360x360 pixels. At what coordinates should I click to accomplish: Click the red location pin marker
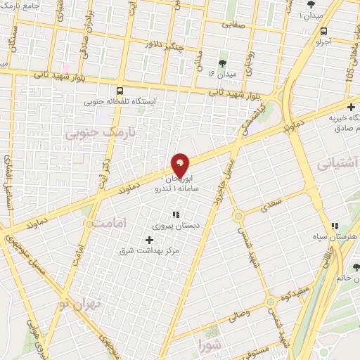pos(180,165)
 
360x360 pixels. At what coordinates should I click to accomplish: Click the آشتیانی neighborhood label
pos(338,164)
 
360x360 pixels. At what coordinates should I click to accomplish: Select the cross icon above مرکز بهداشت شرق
pos(148,240)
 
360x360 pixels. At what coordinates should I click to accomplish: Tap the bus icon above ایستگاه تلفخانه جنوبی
pos(120,91)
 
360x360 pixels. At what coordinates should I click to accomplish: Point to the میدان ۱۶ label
pos(224,73)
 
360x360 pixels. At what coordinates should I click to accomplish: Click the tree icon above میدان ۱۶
pos(224,63)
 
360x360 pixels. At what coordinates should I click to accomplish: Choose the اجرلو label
pos(322,42)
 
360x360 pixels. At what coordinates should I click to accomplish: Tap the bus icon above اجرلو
pos(323,32)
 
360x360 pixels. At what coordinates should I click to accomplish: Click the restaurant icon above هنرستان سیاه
pos(335,225)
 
